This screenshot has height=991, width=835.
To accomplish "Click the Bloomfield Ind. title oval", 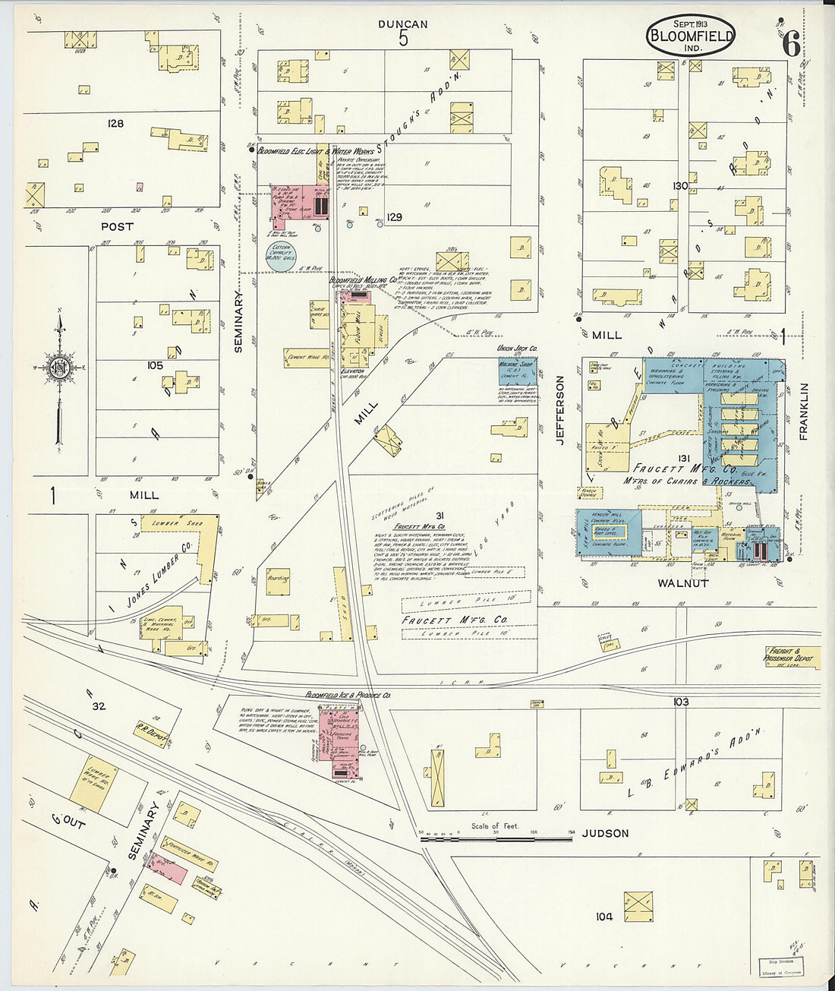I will point(691,35).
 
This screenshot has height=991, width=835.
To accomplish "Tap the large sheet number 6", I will point(790,46).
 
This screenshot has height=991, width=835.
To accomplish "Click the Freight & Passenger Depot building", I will point(792,656).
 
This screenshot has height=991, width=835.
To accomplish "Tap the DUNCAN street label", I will point(403,24).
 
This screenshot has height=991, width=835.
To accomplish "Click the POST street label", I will point(117,226).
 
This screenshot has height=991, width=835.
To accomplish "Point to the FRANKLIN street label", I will point(804,412).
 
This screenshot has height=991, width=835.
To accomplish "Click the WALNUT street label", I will point(682,583).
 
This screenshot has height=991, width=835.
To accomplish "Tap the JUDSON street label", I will point(605,833).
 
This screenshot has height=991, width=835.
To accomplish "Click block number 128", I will point(115,123).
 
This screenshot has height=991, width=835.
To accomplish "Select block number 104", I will point(603,917).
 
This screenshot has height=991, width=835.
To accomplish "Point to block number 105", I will point(155,365).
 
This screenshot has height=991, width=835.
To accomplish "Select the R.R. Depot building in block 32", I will point(150,733).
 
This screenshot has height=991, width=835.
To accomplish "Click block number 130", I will point(679,186).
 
